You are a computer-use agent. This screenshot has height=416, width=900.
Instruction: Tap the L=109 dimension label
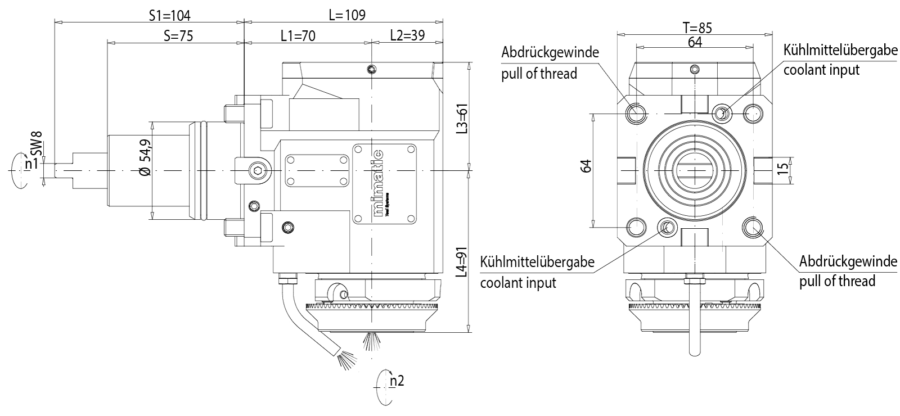(x=346, y=15)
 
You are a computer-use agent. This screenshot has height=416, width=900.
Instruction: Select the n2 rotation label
(x=397, y=381)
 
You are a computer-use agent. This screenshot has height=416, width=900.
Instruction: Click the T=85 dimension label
(x=697, y=28)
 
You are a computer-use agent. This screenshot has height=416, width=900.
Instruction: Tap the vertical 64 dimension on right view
(x=586, y=167)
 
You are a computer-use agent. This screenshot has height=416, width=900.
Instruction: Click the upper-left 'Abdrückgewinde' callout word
(x=550, y=52)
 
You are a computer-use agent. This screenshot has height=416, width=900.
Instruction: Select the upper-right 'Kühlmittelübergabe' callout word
(x=840, y=51)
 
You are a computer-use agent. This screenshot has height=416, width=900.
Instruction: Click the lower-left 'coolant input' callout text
(x=518, y=282)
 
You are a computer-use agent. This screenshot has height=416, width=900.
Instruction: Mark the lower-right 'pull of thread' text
(x=837, y=281)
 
